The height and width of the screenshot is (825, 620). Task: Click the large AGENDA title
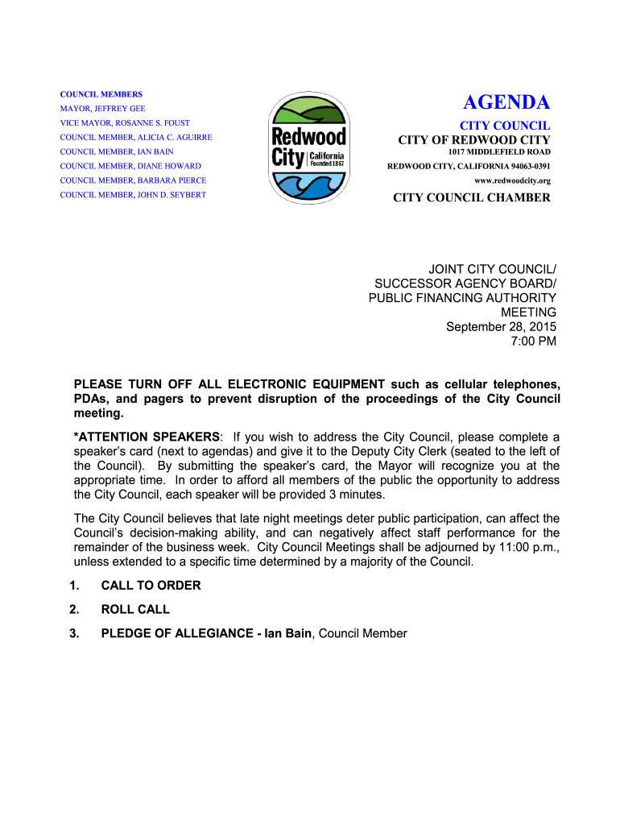click(x=506, y=103)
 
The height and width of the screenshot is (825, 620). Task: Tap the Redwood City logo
click(x=308, y=148)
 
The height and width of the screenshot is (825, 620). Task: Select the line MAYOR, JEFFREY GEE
click(x=103, y=109)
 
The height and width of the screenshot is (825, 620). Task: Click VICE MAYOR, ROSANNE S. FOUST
click(x=125, y=123)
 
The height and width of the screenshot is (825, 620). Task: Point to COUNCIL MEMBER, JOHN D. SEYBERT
click(x=133, y=195)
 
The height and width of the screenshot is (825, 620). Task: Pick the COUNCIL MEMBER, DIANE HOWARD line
click(x=130, y=166)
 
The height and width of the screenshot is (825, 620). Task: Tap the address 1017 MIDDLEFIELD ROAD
click(x=499, y=151)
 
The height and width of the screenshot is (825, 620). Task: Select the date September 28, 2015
click(x=501, y=326)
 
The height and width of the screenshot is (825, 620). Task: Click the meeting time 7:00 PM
click(x=534, y=342)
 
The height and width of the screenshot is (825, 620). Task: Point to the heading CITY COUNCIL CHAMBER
click(x=472, y=198)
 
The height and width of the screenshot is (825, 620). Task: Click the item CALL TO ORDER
click(x=151, y=586)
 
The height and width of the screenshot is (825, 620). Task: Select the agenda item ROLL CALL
click(x=135, y=610)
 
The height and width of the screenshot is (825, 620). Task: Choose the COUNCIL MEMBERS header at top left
click(x=101, y=94)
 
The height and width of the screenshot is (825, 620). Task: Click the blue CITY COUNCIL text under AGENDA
click(x=505, y=126)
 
